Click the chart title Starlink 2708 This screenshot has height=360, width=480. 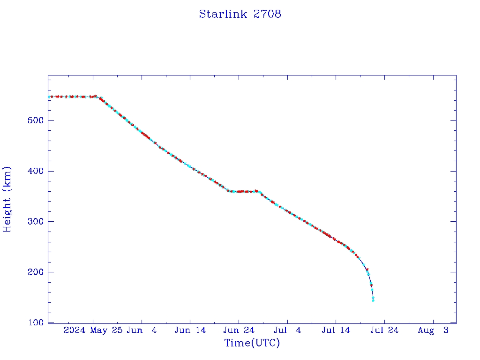point(240,14)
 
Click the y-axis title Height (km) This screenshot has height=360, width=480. point(7,199)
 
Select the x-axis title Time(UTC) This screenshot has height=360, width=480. point(252,343)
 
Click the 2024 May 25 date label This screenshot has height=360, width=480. point(93,330)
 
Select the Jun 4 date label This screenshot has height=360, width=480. point(142,330)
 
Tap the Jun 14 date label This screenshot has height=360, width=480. point(190,330)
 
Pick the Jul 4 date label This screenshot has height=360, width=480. point(287,330)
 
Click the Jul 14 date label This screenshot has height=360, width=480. point(336,330)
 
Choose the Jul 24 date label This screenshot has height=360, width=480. point(384,330)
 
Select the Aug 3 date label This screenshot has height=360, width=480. point(433,330)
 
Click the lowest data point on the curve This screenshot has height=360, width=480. point(373,300)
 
